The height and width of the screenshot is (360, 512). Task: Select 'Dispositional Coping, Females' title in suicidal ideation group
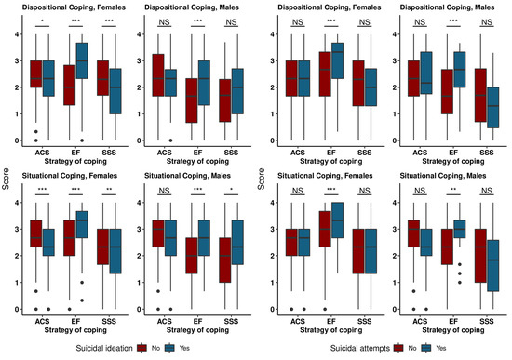coord(70,7)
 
